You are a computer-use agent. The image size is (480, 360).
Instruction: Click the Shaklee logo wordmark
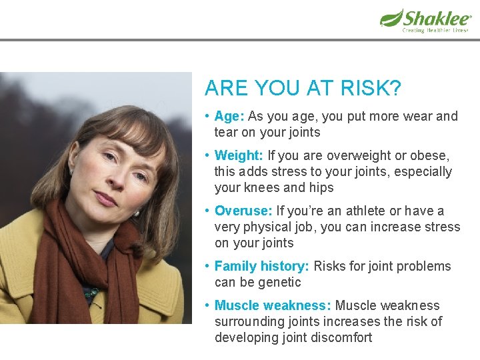point(437,17)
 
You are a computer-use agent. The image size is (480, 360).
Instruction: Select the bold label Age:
point(229,116)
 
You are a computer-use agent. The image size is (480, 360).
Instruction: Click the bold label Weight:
point(239,155)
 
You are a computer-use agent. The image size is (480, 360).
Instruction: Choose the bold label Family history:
point(261,266)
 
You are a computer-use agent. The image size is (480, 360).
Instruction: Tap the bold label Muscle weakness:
point(273,305)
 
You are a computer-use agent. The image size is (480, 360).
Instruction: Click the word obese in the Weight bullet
point(430,155)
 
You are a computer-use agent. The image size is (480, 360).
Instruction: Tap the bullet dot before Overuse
point(208,211)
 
